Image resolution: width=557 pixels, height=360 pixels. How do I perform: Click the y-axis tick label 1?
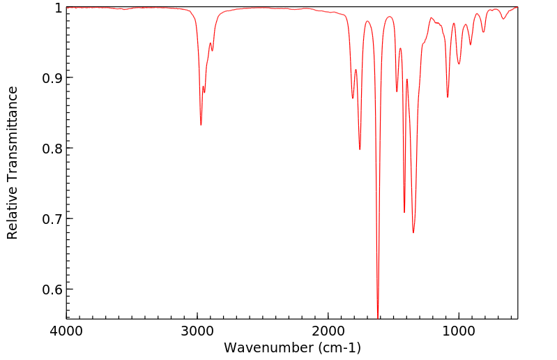(x=57, y=8)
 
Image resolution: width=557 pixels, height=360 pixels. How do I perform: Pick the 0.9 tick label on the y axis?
(x=51, y=77)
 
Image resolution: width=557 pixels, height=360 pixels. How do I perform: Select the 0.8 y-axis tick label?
(x=51, y=148)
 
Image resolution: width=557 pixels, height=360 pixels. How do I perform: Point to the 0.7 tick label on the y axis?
(x=51, y=218)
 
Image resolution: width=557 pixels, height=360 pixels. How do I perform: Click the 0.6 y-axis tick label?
(x=51, y=289)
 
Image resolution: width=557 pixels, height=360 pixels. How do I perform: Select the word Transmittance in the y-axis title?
(x=13, y=133)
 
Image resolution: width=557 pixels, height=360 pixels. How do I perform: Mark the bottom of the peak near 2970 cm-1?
(x=201, y=125)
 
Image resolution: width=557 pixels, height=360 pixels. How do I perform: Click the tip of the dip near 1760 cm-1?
(x=360, y=149)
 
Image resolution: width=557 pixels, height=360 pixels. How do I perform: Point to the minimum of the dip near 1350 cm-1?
(x=413, y=232)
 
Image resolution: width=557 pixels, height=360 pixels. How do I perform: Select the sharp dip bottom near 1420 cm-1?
(x=404, y=212)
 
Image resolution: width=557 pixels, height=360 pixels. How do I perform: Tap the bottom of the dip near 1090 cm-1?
(x=448, y=97)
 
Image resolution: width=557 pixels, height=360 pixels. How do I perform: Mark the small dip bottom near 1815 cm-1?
(x=353, y=98)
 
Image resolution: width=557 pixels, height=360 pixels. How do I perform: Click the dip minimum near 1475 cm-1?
(x=397, y=91)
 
